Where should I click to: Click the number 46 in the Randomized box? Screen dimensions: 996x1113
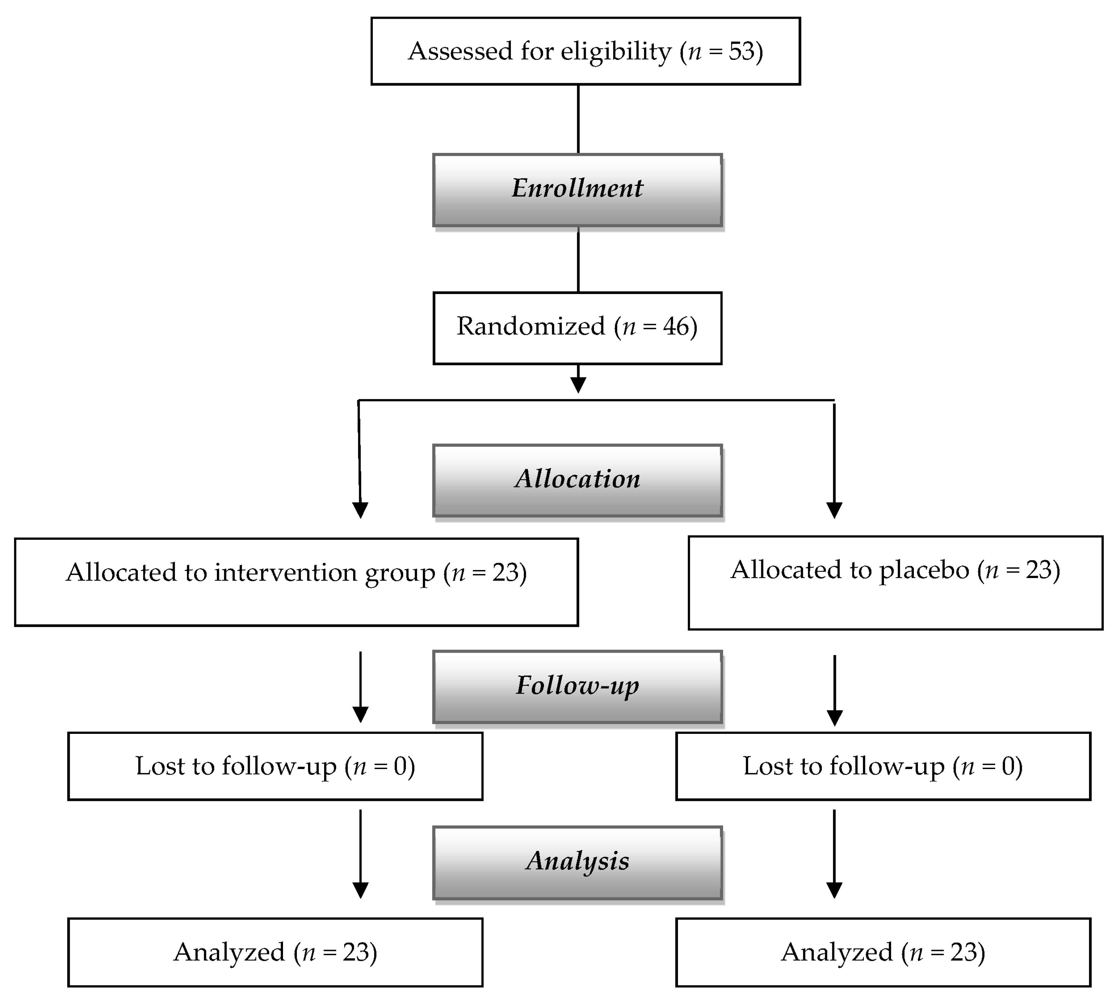[x=676, y=327]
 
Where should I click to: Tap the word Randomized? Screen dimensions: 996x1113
[x=531, y=327]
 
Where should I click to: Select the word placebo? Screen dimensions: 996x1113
[x=923, y=570]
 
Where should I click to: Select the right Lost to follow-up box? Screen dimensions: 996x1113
[x=883, y=766]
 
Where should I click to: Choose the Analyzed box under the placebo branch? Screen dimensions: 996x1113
[x=883, y=952]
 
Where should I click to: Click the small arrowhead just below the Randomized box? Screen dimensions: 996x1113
[x=578, y=385]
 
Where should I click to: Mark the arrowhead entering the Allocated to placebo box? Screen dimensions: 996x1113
[x=834, y=510]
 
